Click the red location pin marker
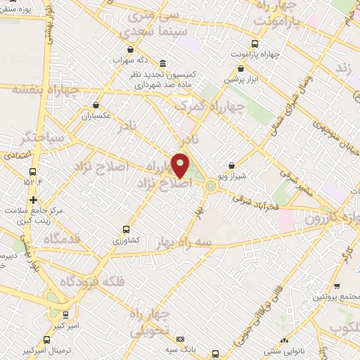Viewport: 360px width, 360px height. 181,166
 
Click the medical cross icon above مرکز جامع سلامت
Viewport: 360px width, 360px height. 33,200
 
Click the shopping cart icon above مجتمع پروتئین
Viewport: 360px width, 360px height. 338,286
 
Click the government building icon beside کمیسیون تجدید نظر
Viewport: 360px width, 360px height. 163,63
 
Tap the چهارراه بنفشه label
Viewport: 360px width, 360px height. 32,89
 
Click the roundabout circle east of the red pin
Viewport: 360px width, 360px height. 211,186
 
